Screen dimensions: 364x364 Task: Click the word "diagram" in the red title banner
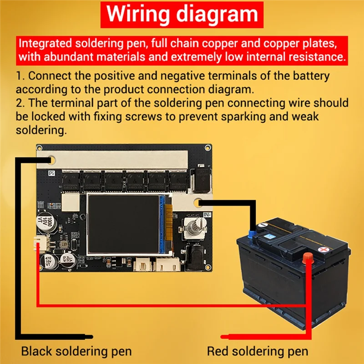pyautogui.click(x=217, y=15)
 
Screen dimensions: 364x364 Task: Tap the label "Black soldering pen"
pyautogui.click(x=76, y=351)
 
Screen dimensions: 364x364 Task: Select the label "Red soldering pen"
pyautogui.click(x=257, y=351)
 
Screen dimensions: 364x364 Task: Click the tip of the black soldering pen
pyautogui.click(x=91, y=337)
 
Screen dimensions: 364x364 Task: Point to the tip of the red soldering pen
pyautogui.click(x=222, y=337)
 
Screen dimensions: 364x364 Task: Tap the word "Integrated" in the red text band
pyautogui.click(x=45, y=45)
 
